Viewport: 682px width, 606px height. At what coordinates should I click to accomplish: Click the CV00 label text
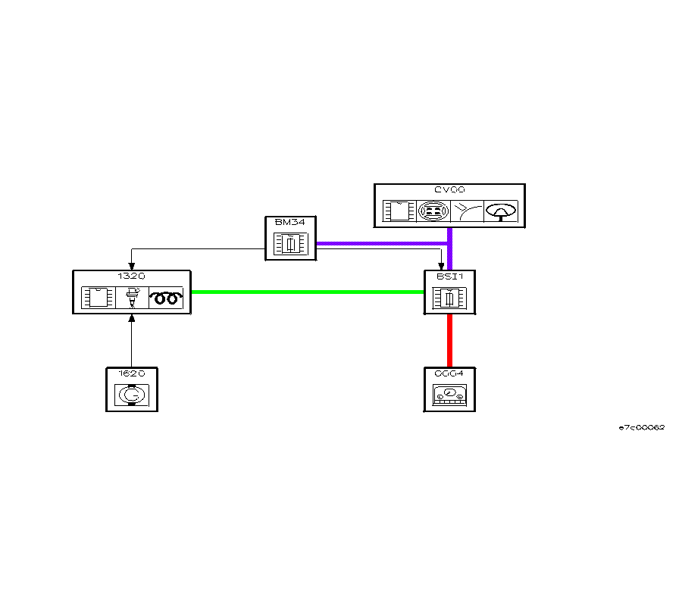(x=450, y=190)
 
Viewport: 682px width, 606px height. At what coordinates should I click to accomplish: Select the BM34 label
(x=290, y=223)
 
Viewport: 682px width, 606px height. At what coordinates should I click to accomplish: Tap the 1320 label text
(x=131, y=276)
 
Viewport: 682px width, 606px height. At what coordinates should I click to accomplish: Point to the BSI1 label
(x=449, y=276)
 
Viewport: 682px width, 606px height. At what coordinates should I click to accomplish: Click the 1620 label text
(x=131, y=373)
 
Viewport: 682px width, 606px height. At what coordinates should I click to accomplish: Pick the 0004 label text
(x=449, y=373)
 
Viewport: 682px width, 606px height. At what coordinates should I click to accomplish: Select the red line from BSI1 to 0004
(x=449, y=341)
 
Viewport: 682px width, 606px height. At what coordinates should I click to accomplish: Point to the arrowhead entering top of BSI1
(x=442, y=267)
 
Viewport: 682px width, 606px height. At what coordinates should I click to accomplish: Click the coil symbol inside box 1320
(x=166, y=298)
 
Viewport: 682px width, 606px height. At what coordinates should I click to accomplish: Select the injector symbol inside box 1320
(x=132, y=298)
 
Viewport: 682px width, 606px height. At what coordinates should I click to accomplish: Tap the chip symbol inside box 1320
(x=97, y=298)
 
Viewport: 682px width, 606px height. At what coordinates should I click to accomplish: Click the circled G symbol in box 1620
(x=131, y=395)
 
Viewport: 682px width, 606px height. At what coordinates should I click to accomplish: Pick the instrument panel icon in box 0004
(x=449, y=395)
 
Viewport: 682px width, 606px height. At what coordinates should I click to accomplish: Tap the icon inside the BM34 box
(x=290, y=243)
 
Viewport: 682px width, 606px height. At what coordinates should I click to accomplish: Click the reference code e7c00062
(x=641, y=427)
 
